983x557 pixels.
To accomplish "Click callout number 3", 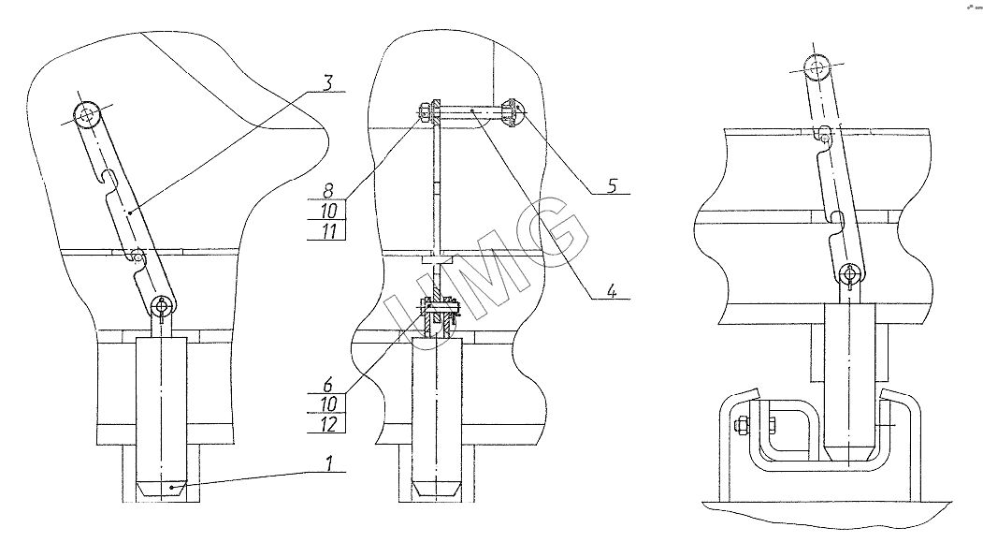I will (327, 81).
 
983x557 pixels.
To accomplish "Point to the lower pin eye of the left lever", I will (165, 305).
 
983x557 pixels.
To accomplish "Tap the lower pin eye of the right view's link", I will (850, 274).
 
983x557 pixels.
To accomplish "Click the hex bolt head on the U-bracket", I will (742, 426).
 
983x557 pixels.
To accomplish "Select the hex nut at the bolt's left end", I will (426, 112).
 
